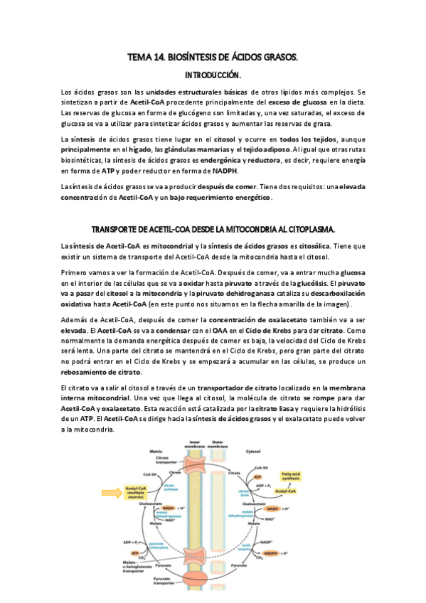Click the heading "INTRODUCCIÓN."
coord(213,75)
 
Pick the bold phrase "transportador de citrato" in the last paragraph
coord(238,388)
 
